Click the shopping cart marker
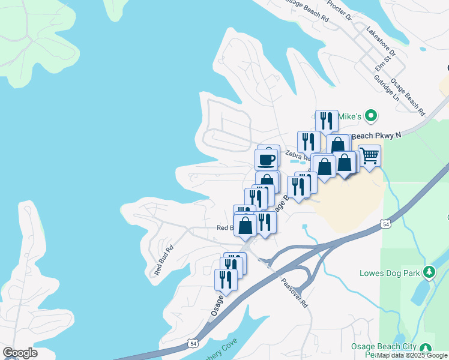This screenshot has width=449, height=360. click(x=370, y=156)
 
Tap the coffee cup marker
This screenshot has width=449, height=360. click(x=267, y=160)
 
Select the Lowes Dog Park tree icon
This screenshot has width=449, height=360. click(x=429, y=272)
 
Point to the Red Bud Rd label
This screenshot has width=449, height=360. click(x=163, y=260)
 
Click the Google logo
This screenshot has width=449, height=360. click(x=20, y=352)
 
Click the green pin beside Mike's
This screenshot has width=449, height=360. click(x=371, y=115)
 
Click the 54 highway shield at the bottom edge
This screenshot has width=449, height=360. click(x=191, y=343)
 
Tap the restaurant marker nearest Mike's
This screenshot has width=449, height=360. click(x=327, y=121)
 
